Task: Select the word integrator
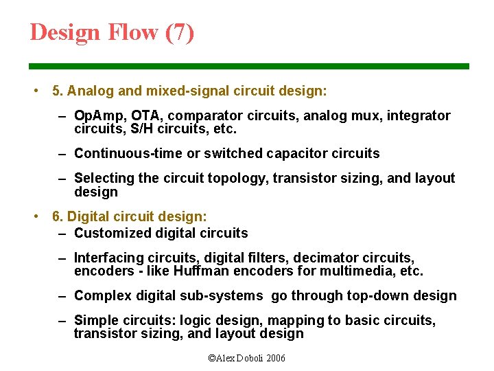click(419, 115)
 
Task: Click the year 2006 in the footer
click(274, 359)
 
